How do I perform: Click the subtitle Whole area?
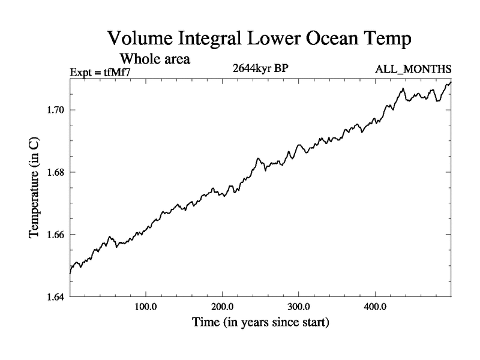[155, 59]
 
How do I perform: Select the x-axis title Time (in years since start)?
[260, 323]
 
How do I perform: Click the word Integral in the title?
[213, 41]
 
